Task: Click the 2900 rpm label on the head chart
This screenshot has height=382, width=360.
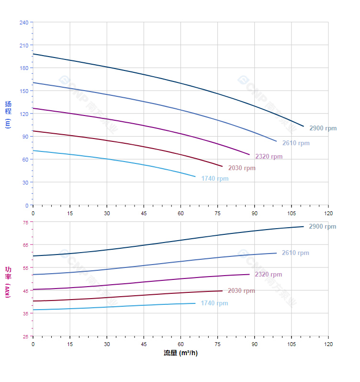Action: click(323, 128)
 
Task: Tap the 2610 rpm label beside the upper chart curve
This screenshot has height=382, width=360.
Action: click(296, 143)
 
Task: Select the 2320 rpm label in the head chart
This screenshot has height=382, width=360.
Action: click(269, 157)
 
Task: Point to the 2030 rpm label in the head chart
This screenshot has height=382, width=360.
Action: click(242, 168)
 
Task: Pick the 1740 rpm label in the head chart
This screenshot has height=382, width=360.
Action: click(214, 179)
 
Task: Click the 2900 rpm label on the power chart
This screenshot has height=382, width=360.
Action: click(322, 227)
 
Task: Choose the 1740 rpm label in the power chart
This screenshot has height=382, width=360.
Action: click(214, 303)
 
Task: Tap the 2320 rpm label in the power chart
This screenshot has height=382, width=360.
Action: click(268, 275)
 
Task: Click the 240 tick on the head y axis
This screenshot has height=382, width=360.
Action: click(23, 23)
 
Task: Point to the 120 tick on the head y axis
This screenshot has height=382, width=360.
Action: click(23, 114)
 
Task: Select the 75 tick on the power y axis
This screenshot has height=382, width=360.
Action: click(25, 222)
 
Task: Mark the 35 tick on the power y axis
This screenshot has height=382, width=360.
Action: click(25, 313)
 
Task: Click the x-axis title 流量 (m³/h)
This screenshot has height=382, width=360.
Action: click(180, 353)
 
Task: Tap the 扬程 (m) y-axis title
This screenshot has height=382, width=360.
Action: click(8, 114)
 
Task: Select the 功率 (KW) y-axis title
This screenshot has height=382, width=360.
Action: click(8, 282)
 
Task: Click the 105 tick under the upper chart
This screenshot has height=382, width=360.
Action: click(292, 213)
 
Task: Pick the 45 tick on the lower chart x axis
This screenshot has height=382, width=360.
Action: click(144, 344)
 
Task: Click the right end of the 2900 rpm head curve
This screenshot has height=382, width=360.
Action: click(304, 126)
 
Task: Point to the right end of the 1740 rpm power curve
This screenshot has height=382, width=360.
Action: click(195, 303)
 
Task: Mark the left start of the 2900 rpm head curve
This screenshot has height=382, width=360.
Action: click(33, 54)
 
